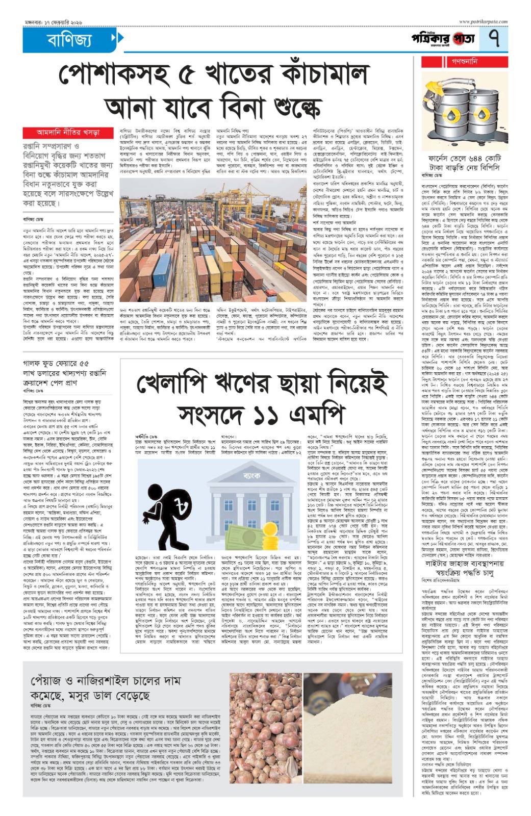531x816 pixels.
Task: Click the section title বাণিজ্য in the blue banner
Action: (70, 40)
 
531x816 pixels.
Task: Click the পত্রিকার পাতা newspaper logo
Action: (443, 39)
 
